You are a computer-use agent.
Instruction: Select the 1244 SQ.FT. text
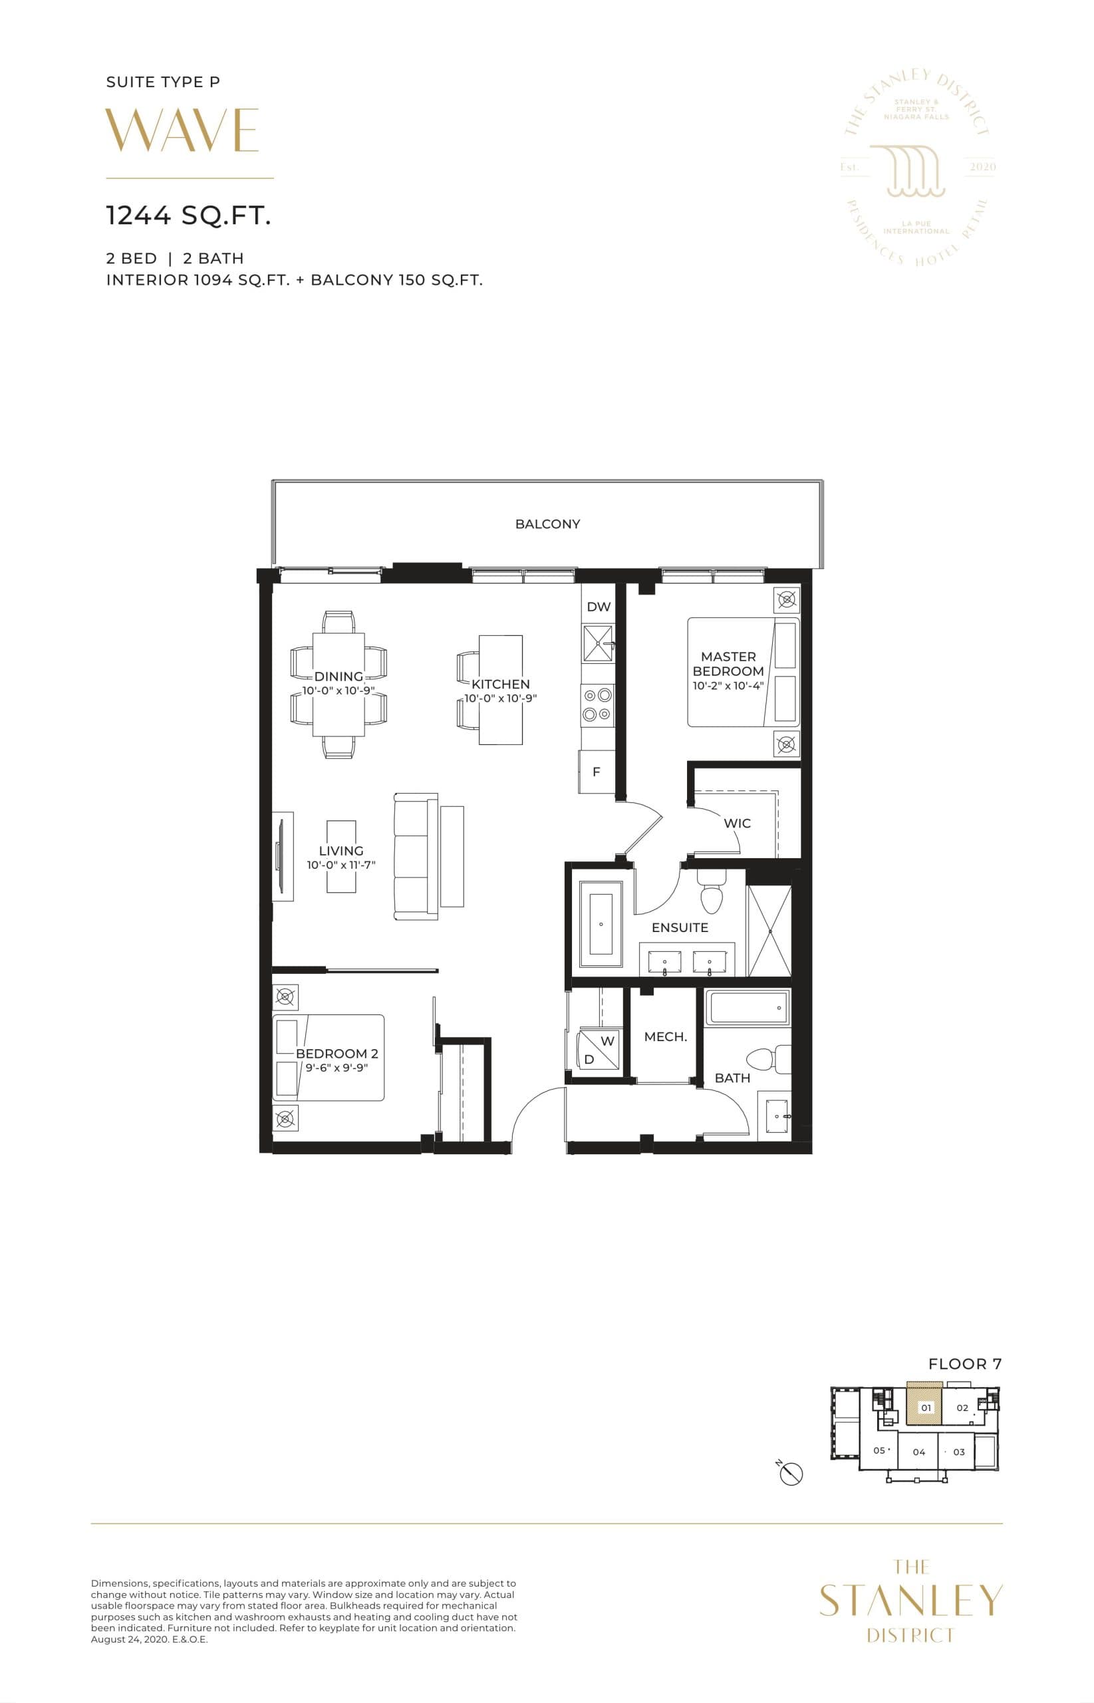pos(188,216)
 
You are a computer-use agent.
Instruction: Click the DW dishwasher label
pos(598,607)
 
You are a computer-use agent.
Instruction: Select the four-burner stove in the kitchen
pos(597,704)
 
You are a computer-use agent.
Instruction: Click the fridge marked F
pos(597,772)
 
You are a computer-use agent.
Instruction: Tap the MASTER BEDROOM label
pos(728,664)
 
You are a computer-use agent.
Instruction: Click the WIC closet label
pos(737,824)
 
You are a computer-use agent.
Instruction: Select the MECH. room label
pos(665,1037)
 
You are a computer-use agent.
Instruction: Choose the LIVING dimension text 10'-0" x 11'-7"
pos(341,865)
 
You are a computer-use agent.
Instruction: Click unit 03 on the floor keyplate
pos(959,1452)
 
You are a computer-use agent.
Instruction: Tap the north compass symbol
pos(791,1475)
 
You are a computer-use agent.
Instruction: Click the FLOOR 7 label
pos(964,1364)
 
